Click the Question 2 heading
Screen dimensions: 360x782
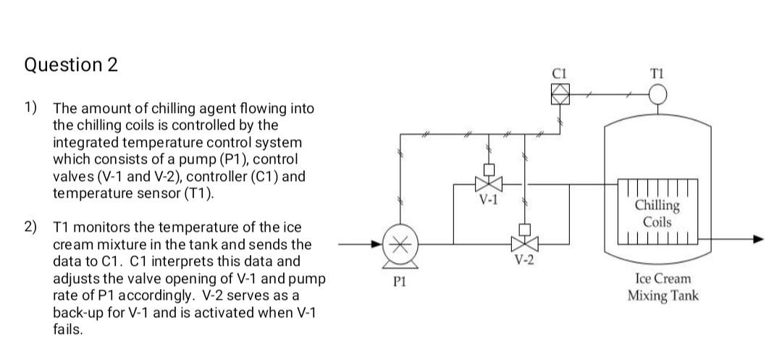pyautogui.click(x=70, y=65)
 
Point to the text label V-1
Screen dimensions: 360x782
pyautogui.click(x=490, y=200)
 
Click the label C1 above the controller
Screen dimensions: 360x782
pyautogui.click(x=559, y=72)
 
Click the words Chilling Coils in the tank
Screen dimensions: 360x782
pyautogui.click(x=657, y=213)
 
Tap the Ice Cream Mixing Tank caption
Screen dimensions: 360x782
pyautogui.click(x=663, y=287)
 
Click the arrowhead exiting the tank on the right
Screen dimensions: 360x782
pyautogui.click(x=757, y=239)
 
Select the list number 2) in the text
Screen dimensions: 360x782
pyautogui.click(x=30, y=227)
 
